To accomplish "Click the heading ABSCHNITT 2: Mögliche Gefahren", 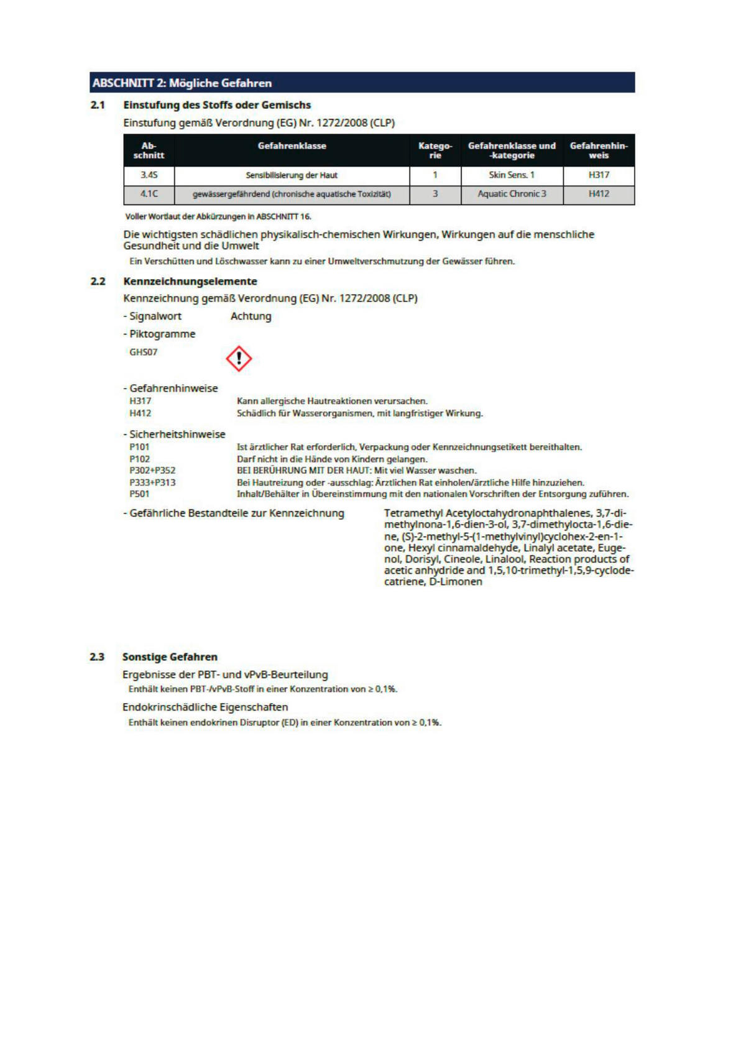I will coord(182,83).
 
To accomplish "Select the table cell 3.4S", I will coord(149,175).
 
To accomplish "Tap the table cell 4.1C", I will coord(149,194).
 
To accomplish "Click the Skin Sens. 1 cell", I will coord(512,175).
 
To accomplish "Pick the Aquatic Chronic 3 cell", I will coord(512,194).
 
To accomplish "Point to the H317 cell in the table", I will coord(599,175).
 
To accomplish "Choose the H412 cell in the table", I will coord(599,194).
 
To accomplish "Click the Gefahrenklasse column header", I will coord(292,146).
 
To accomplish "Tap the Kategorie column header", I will coord(435,150).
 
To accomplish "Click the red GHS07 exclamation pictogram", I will coord(239,359).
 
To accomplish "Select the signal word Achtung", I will coord(251,316).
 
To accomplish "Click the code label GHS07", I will coord(144,352).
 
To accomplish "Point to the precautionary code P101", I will coord(139,447).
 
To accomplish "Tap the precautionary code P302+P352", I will coord(152,471).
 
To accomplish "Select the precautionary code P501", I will coord(139,494).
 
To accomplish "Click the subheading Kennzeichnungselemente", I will coord(190,282).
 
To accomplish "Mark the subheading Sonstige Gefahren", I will coord(170,657).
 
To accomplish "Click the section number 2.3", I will coord(97,657).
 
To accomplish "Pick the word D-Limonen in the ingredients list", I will coord(456,582).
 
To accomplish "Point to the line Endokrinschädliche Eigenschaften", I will coord(205,707).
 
